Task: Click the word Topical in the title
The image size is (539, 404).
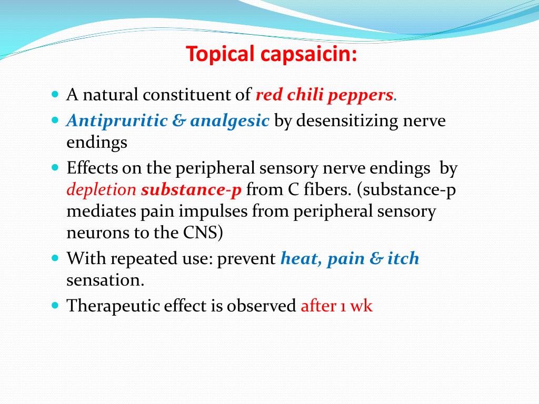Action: (221, 54)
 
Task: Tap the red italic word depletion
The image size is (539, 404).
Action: (102, 190)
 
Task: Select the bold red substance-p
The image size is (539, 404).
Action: (192, 190)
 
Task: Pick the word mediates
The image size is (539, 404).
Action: (101, 211)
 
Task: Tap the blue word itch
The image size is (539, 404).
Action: (403, 258)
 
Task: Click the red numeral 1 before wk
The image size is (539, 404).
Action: (343, 307)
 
